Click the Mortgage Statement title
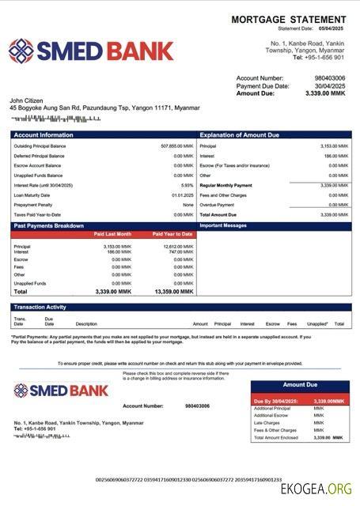tap(288, 19)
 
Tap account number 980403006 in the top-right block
tap(330, 78)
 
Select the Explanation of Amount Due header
tap(239, 135)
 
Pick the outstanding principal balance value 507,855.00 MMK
tap(176, 146)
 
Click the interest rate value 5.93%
tap(187, 185)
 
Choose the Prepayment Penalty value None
tap(188, 205)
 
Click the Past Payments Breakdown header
tap(48, 226)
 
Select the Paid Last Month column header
tap(112, 234)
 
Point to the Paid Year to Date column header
tap(172, 234)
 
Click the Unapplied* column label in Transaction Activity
tap(317, 323)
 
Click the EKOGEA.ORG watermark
tap(316, 488)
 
